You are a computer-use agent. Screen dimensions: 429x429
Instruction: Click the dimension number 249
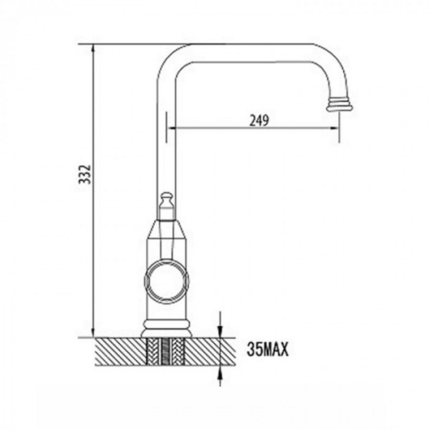[259, 121]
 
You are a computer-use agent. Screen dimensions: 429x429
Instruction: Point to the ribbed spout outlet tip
[340, 104]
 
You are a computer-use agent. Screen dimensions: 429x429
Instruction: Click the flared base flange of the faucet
[167, 330]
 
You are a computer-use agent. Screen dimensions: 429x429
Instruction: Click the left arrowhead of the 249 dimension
[172, 129]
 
